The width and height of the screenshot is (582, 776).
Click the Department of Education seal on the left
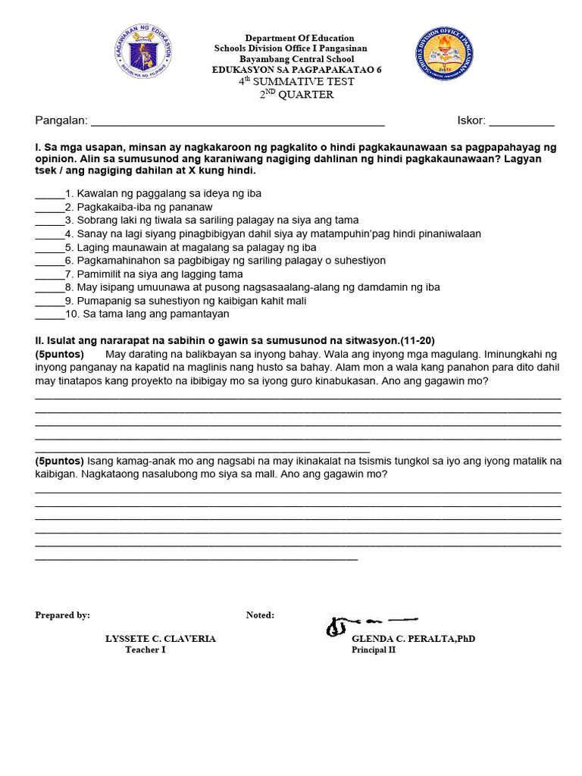[x=142, y=52]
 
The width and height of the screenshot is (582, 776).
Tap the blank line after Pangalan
[x=237, y=121]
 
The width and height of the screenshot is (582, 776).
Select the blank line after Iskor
[x=521, y=121]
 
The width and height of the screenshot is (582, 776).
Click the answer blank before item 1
[x=49, y=194]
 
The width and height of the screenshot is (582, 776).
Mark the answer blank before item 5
[x=49, y=248]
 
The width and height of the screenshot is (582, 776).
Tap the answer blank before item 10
[x=49, y=314]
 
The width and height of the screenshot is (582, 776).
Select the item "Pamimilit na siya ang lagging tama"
[x=160, y=274]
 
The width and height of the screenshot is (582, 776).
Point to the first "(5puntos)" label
[x=60, y=355]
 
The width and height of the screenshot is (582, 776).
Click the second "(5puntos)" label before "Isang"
[x=60, y=461]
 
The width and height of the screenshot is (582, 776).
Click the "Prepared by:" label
[x=63, y=615]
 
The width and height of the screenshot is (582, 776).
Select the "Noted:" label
[x=260, y=615]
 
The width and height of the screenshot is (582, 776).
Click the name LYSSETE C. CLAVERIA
[x=160, y=639]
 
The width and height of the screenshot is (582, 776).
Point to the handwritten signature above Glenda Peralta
[x=370, y=625]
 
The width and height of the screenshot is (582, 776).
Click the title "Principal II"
[x=373, y=650]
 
